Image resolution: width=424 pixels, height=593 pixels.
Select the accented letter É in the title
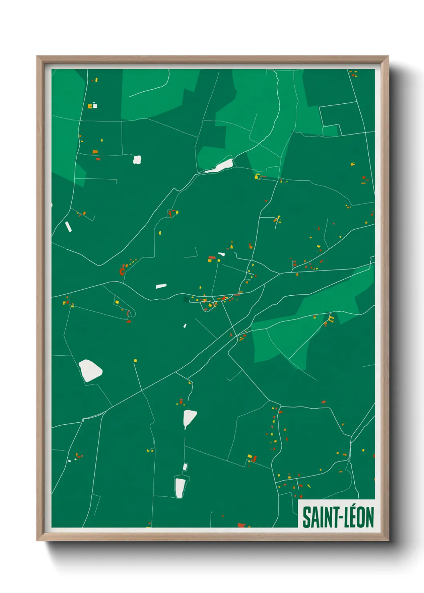pos(354,517)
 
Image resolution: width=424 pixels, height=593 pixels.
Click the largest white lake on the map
pos(91,370)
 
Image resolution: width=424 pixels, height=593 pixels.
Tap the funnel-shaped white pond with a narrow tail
pos(189,418)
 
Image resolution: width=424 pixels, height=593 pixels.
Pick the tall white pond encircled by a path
pos(180,487)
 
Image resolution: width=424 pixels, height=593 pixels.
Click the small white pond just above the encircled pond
pos(185,467)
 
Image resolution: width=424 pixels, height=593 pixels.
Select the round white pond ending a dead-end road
pos(137,160)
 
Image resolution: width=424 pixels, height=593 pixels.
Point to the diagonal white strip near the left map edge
pos(68,227)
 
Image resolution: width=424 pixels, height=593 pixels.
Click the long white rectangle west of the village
pos(161,286)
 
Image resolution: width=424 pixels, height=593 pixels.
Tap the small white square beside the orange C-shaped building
pos(95,106)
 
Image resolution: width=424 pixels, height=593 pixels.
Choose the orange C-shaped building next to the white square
pos(90,106)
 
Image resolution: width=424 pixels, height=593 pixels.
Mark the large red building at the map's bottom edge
pos(241,525)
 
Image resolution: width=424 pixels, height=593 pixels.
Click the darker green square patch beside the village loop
pos(186,299)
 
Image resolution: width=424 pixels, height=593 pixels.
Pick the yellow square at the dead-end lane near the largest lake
pos(135,361)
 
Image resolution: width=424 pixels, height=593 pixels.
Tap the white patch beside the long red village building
pos(221,254)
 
